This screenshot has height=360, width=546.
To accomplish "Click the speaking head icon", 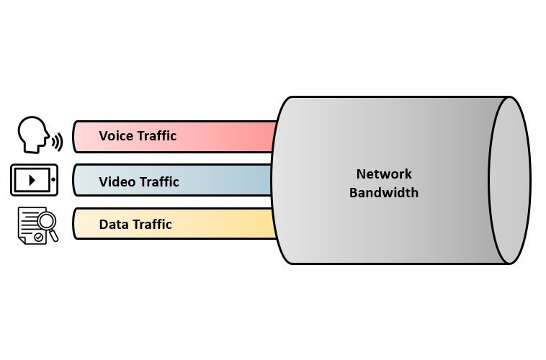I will [x=33, y=135].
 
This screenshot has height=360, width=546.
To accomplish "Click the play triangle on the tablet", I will [x=32, y=180].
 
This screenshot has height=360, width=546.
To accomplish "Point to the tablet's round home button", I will [x=53, y=180].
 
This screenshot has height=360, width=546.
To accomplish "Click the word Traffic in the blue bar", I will [x=158, y=181].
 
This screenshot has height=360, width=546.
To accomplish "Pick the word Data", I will [x=113, y=224].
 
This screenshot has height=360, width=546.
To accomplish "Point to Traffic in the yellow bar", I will [x=151, y=224].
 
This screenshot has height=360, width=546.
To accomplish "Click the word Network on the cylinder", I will [x=384, y=174].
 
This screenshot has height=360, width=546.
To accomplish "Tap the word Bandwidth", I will [x=384, y=192].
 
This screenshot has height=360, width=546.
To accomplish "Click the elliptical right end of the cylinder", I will [x=510, y=180].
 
